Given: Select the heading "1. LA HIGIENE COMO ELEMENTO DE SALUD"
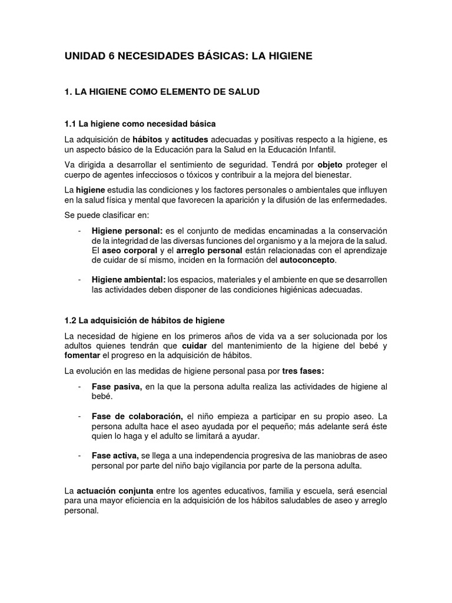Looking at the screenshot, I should (x=162, y=92).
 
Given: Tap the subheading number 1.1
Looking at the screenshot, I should (x=71, y=124).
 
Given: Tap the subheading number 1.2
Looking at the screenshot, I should (x=71, y=320).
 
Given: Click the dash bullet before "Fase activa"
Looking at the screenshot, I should (x=79, y=456).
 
